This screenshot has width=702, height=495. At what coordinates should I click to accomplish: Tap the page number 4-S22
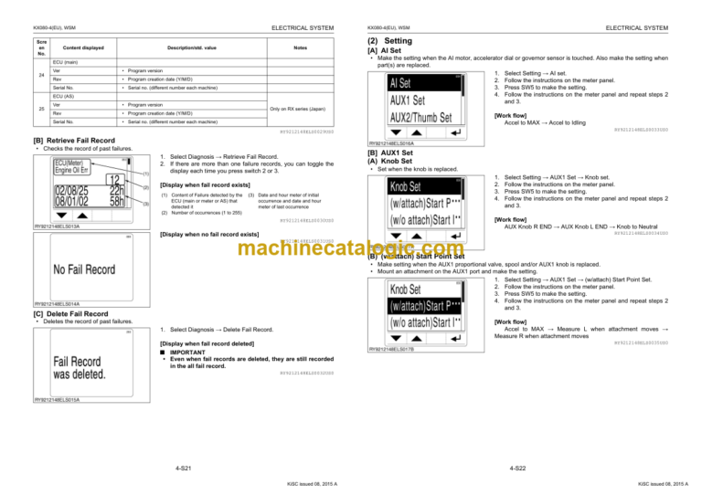(516, 467)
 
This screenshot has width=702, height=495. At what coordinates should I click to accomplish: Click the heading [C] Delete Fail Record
(69, 315)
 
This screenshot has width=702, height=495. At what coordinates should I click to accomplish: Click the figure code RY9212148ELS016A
(394, 143)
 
